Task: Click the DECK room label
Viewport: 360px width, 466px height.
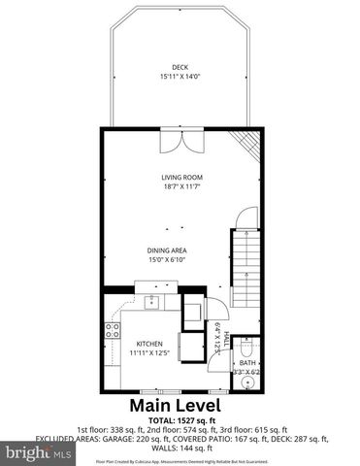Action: [180, 67]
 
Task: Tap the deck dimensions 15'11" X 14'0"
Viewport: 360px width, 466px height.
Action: [180, 77]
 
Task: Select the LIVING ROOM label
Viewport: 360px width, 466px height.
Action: [180, 177]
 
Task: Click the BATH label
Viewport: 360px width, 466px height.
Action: [247, 362]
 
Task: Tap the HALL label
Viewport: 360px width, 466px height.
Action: [226, 337]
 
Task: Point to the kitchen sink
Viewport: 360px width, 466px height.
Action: [151, 303]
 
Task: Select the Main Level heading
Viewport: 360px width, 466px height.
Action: [180, 404]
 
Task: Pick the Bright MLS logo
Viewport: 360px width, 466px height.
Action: [37, 452]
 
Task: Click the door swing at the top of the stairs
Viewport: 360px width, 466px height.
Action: [244, 217]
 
